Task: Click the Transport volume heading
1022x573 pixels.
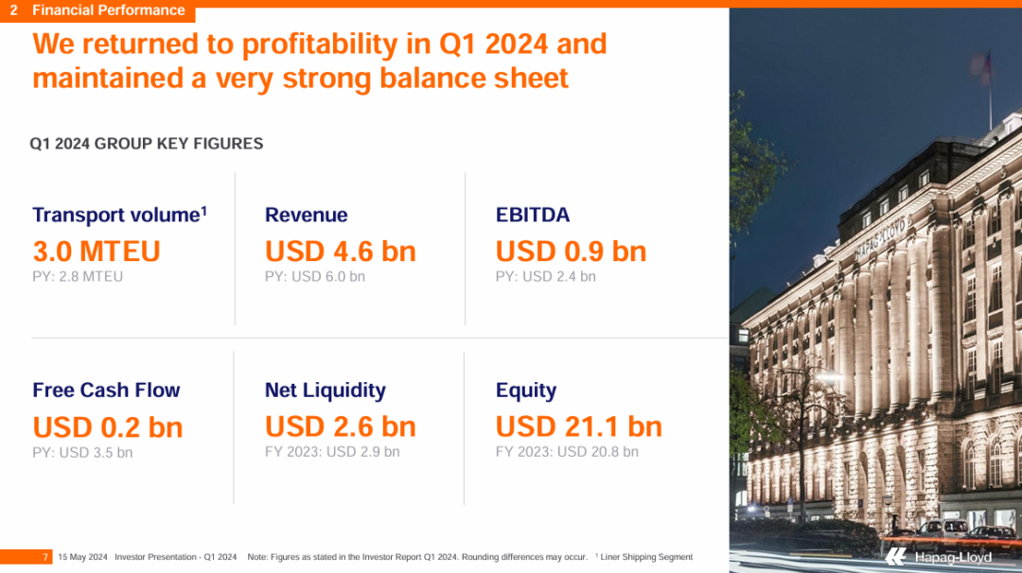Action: (120, 215)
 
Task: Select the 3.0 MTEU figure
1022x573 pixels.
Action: (97, 252)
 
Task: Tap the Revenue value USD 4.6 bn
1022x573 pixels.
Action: (341, 252)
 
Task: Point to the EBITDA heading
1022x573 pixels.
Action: (533, 215)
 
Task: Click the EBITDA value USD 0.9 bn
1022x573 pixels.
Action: (571, 252)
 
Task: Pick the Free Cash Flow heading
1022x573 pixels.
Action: (106, 390)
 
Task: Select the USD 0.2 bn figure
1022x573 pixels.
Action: (108, 427)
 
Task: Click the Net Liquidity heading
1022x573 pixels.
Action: (326, 390)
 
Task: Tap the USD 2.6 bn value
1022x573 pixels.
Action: (341, 426)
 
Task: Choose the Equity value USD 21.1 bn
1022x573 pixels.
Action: (579, 426)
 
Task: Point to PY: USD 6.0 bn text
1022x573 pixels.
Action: (315, 276)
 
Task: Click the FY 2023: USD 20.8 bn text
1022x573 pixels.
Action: (567, 451)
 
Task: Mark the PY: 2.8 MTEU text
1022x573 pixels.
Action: (78, 276)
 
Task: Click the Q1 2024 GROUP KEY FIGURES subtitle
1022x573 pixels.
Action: (147, 144)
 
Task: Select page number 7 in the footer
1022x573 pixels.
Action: (45, 557)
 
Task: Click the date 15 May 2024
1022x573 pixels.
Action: (82, 557)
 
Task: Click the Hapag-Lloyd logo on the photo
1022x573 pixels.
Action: (939, 557)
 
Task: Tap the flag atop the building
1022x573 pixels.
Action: (981, 66)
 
